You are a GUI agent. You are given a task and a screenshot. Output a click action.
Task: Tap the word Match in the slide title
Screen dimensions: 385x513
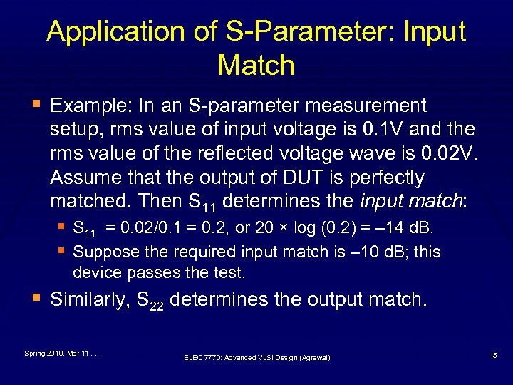click(x=256, y=66)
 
